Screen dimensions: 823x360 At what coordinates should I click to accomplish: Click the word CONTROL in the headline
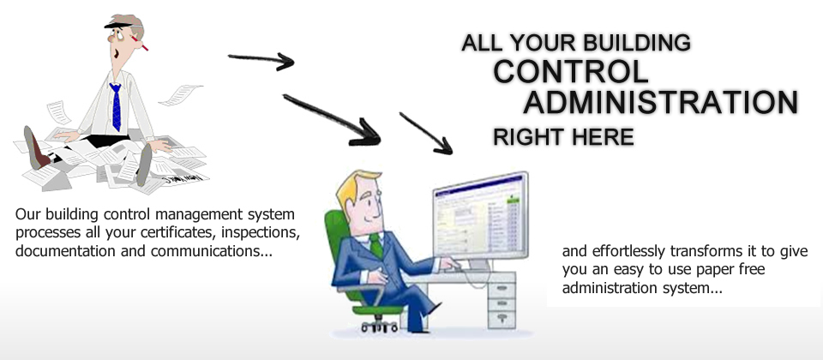571,71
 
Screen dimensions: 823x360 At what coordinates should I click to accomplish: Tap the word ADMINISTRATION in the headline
661,102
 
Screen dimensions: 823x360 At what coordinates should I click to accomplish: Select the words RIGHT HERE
563,137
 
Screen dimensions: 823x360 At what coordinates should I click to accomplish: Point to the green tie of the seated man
375,246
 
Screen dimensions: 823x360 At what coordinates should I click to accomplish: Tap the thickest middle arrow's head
366,134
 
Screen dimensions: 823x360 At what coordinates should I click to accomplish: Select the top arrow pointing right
261,60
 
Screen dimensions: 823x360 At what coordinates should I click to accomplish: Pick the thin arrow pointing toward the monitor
426,134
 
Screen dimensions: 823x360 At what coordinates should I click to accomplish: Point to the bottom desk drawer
502,318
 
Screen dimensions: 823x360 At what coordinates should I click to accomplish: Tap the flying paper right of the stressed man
181,95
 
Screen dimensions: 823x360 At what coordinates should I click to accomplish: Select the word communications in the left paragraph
212,251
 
